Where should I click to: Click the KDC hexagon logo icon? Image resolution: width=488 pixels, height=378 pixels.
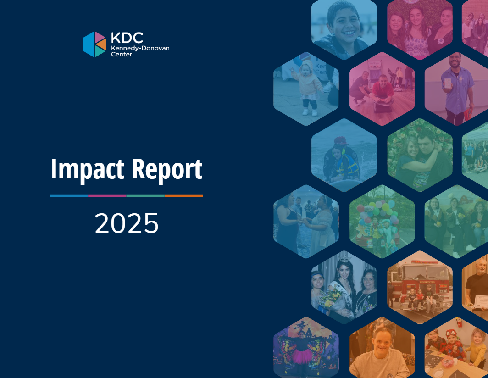[94, 44]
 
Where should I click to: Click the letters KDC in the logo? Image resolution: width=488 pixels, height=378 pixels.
[127, 38]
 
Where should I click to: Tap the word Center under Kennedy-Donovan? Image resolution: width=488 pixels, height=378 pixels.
[122, 54]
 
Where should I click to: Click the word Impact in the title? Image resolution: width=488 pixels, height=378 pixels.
[88, 169]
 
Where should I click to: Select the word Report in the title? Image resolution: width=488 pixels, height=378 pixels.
[167, 169]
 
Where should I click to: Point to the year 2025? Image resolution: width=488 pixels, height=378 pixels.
[127, 223]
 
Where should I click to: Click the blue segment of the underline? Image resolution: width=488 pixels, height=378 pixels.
[69, 195]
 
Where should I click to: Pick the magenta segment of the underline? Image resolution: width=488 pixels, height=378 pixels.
[107, 195]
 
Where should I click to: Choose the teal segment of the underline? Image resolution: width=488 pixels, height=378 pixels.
[146, 195]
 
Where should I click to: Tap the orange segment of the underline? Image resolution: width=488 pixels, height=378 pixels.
[183, 195]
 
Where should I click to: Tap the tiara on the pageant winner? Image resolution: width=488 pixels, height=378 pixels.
[344, 259]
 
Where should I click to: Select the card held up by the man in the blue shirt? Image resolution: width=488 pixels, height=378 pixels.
[448, 83]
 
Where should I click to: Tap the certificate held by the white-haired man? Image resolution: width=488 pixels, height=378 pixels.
[480, 302]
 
